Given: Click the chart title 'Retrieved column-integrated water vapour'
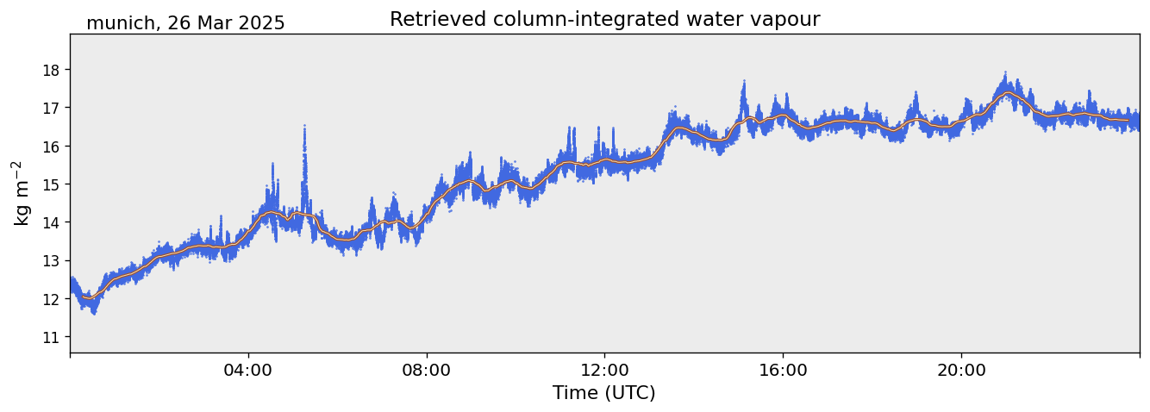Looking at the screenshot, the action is [605, 20].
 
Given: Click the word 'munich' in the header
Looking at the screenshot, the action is [120, 23].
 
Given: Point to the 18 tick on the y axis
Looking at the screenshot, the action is [50, 70].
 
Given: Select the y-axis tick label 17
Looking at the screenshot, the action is [50, 109].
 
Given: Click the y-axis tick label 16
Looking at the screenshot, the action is [50, 147].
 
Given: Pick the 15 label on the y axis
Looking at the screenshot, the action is [50, 184].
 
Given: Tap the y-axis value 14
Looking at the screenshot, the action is [50, 222].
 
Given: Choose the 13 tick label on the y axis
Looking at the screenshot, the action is [50, 261].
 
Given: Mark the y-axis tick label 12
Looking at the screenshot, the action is [50, 299].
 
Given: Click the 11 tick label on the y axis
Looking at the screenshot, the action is [50, 338].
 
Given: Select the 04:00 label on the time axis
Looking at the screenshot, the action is [248, 370].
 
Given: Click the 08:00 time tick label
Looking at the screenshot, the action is [427, 370].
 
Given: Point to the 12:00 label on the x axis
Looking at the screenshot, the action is [605, 370].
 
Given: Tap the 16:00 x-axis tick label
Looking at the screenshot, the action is [783, 370].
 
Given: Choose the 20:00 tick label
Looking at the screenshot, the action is [961, 370].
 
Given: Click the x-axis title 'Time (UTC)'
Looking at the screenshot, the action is [604, 394].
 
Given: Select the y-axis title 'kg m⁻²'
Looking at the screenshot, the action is [22, 193].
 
